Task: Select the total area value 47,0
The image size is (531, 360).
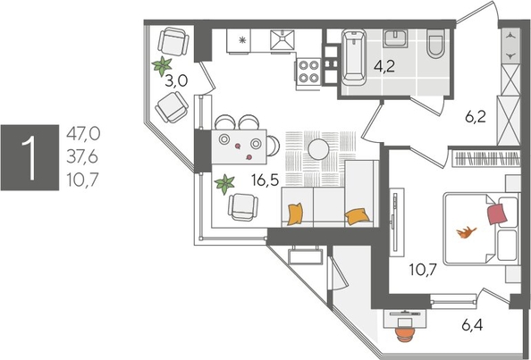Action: click(x=82, y=134)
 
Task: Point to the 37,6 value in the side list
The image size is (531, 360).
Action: click(x=82, y=155)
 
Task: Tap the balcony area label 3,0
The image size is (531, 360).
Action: click(x=176, y=80)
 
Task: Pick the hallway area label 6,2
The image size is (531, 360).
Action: click(x=474, y=115)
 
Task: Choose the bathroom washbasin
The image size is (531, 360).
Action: click(x=395, y=39)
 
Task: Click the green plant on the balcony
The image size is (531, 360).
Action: click(x=162, y=64)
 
